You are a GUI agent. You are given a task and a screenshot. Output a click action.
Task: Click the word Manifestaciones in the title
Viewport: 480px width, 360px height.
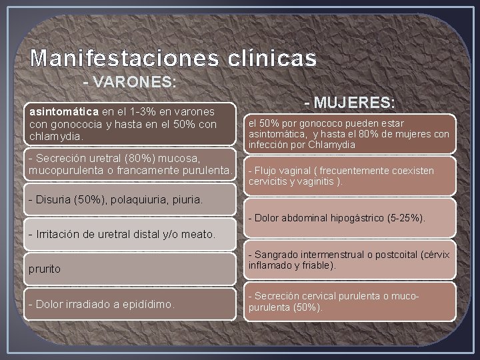tap(123, 59)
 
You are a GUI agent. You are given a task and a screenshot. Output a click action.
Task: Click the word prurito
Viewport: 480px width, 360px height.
tap(44, 269)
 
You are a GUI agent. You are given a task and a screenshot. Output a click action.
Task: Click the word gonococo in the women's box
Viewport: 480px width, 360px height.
tap(309, 123)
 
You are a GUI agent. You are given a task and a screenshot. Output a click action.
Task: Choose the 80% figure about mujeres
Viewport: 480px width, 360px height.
tap(371, 134)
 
